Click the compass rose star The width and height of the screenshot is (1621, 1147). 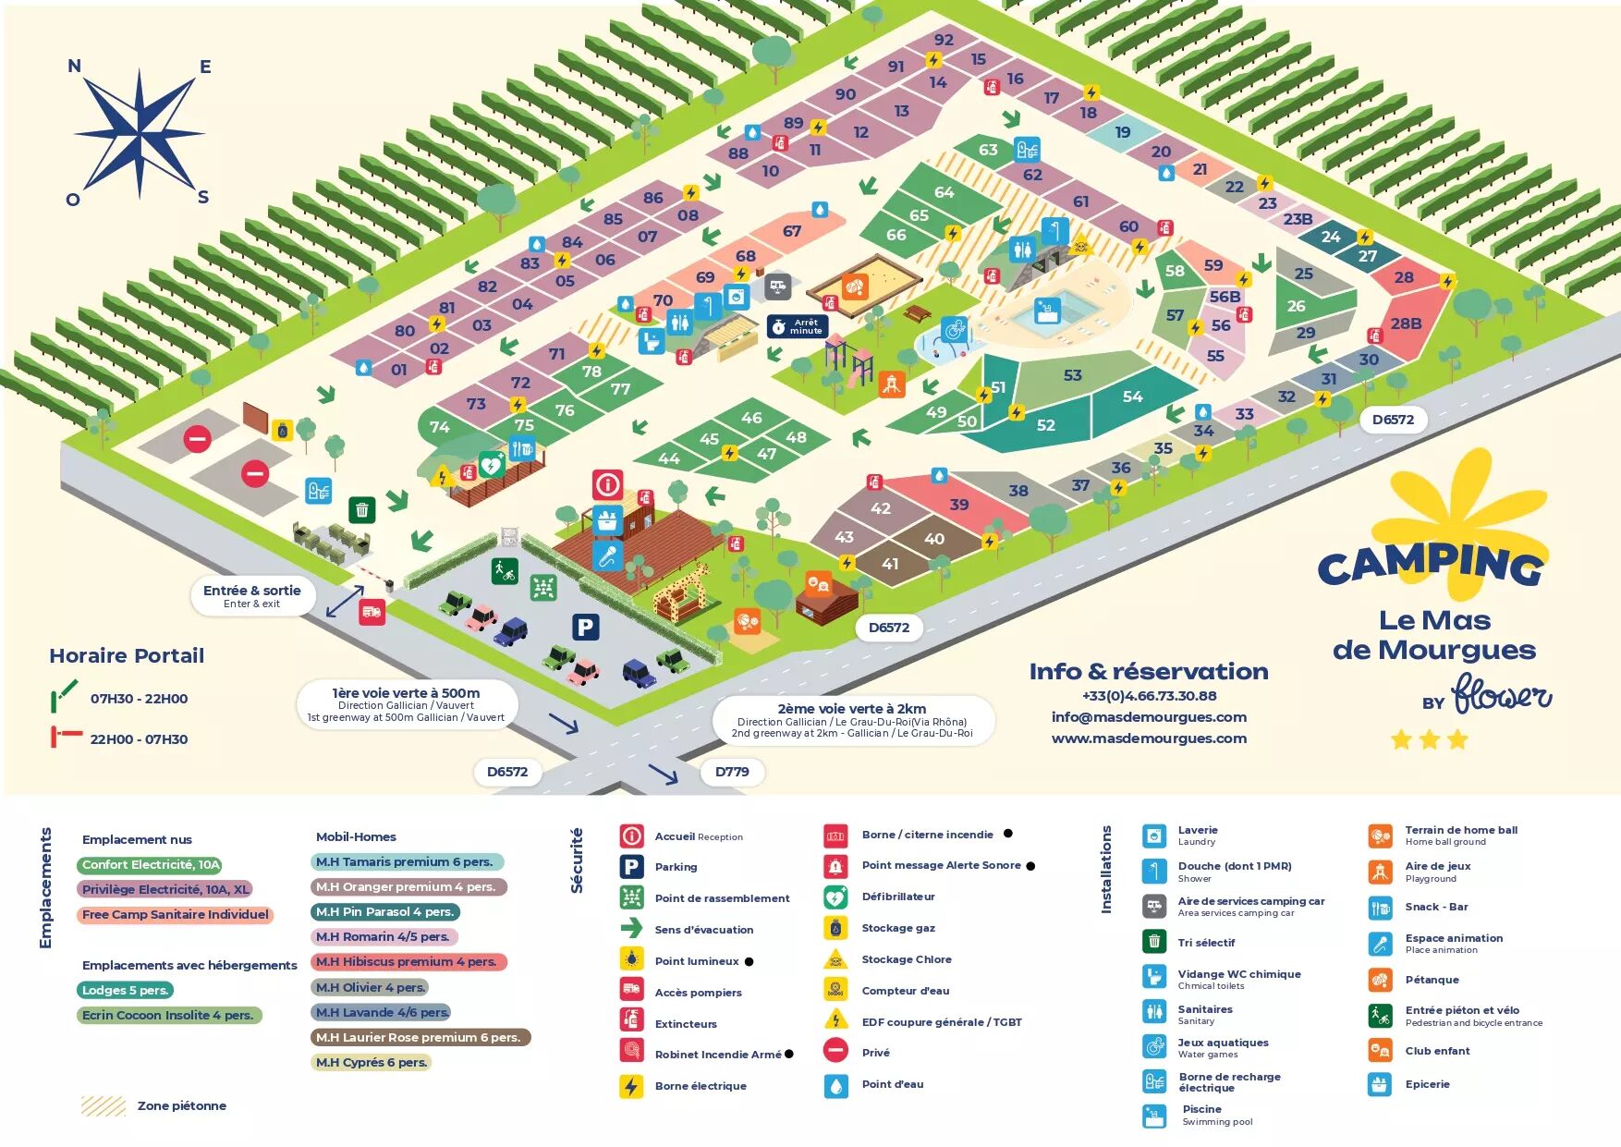(x=140, y=133)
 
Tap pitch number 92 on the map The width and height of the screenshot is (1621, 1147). (x=944, y=40)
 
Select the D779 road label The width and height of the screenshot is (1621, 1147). (x=732, y=772)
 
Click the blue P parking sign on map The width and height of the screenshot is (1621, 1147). (x=585, y=628)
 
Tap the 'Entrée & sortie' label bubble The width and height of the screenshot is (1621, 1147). (x=252, y=595)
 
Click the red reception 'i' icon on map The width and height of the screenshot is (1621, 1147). (x=607, y=484)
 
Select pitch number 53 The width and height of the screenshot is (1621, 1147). (x=1072, y=375)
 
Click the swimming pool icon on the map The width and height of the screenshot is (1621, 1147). (x=1047, y=311)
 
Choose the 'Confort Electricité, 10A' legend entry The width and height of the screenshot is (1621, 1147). (x=150, y=865)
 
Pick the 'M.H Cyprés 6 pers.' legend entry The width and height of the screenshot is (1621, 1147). (x=372, y=1063)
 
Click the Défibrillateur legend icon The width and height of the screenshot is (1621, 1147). (x=835, y=897)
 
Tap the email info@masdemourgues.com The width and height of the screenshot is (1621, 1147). (x=1149, y=717)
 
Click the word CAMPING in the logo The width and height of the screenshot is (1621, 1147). (x=1430, y=564)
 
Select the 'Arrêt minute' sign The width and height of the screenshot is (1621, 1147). (x=797, y=326)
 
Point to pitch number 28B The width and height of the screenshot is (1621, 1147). (x=1406, y=323)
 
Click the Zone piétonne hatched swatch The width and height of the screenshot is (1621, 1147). (x=103, y=1105)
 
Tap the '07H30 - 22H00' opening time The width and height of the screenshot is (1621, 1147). (x=139, y=699)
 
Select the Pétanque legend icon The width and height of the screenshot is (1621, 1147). (x=1380, y=980)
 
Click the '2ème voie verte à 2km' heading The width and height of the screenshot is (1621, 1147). (x=851, y=709)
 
